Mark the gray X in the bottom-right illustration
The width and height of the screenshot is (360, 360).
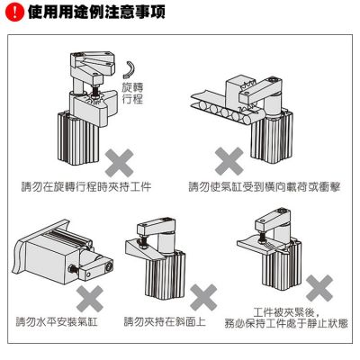point(318,289)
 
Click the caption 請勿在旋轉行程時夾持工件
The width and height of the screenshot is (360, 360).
point(86,187)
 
